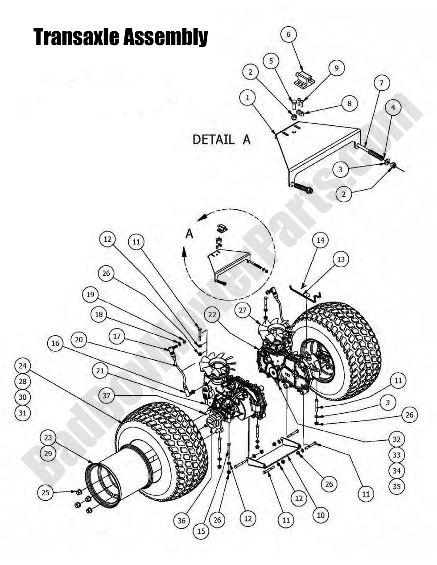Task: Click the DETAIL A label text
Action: pos(221,139)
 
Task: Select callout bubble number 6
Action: pos(289,34)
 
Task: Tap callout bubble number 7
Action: pos(381,83)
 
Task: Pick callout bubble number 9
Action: pos(337,68)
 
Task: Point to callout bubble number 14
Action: pos(320,240)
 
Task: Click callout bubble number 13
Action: pos(341,259)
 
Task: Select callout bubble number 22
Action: pos(212,315)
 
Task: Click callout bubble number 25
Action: pos(45,493)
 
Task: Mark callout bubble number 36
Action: pos(182,520)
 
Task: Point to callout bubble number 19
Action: pos(91,295)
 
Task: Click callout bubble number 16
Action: pos(55,343)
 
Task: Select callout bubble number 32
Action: pos(396,439)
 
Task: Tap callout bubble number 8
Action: pos(349,104)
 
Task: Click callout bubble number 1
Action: pos(247,97)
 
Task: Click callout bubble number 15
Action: pos(201,531)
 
